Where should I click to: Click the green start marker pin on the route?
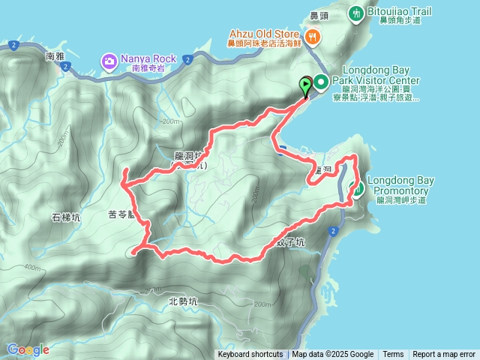coord(306,85)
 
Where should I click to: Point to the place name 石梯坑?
coord(66,218)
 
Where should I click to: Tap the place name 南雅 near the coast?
coord(56,56)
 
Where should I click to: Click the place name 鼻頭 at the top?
coord(320,15)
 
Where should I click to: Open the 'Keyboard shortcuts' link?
coord(250,355)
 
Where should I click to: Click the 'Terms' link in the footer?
coord(393,355)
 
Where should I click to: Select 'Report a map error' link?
coord(444,355)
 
